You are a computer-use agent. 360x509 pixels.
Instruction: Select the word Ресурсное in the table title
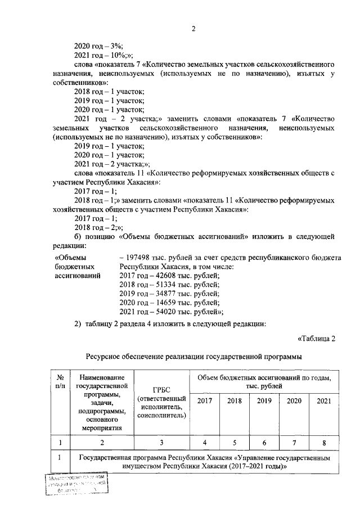click(104, 356)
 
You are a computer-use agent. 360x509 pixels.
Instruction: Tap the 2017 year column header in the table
click(205, 401)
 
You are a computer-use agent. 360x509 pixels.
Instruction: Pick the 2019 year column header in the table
click(264, 401)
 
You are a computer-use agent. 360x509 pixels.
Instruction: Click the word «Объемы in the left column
click(70, 258)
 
